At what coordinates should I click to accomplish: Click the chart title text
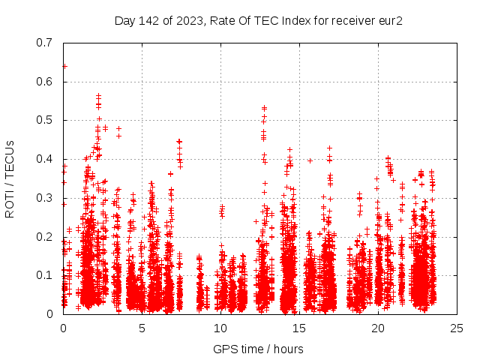[x=259, y=21]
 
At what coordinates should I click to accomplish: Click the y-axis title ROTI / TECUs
[x=10, y=178]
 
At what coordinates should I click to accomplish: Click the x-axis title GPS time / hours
[x=259, y=349]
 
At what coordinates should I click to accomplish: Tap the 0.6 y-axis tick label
[x=46, y=81]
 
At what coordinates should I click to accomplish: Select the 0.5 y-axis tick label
[x=46, y=120]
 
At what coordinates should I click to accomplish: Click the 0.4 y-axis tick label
[x=46, y=159]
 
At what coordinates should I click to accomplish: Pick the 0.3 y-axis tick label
[x=46, y=198]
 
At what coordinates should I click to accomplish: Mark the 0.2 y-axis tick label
[x=46, y=236]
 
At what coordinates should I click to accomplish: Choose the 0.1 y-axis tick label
[x=46, y=275]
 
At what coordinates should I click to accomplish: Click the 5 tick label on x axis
[x=142, y=328]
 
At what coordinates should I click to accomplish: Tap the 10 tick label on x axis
[x=220, y=328]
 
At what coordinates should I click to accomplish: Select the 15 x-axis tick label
[x=299, y=328]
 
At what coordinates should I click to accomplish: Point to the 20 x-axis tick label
[x=378, y=328]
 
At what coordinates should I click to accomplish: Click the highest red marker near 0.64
[x=64, y=66]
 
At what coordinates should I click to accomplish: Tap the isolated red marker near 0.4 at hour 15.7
[x=310, y=160]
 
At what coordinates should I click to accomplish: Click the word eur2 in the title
[x=390, y=21]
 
